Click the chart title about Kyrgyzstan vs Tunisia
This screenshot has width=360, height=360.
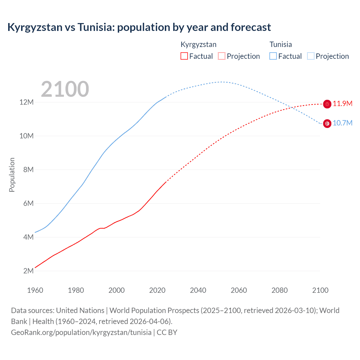click(139, 27)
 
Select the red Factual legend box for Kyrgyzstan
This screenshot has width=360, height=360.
click(184, 56)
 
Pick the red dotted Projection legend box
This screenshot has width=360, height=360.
click(222, 56)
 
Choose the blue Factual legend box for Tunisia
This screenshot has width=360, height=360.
click(273, 56)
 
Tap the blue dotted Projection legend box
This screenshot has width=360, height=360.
click(311, 56)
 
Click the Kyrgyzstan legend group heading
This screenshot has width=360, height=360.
click(198, 44)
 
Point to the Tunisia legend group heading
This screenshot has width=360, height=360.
click(280, 44)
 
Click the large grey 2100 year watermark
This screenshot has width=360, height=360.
click(65, 89)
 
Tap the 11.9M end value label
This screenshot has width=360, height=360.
click(343, 104)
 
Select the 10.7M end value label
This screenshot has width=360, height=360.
click(343, 123)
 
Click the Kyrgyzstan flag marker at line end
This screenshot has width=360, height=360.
click(327, 104)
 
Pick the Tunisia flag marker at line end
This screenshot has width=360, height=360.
click(327, 123)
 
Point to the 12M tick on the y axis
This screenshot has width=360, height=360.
click(26, 102)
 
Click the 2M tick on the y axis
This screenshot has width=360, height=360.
click(28, 271)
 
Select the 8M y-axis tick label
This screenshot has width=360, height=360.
click(28, 170)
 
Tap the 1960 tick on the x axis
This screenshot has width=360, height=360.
click(35, 290)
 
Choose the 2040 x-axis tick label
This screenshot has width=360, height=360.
click(198, 290)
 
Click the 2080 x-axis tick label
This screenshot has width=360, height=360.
click(280, 290)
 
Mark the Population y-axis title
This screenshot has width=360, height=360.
click(12, 175)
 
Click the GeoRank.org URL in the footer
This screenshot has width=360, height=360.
click(81, 332)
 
